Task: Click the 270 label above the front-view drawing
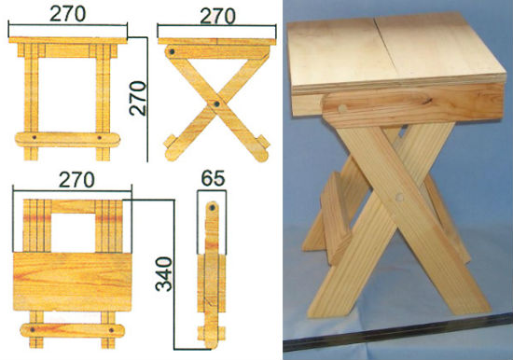[68, 14]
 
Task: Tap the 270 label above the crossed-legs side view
[217, 16]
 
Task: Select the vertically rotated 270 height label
[138, 98]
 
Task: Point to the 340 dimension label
[163, 274]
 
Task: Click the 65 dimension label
[213, 179]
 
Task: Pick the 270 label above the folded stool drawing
[76, 179]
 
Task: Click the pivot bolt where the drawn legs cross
[216, 104]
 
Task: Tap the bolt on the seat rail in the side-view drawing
[172, 51]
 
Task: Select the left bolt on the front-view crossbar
[34, 138]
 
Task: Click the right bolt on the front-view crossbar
[100, 138]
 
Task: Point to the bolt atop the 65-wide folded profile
[212, 207]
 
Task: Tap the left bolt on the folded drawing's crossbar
[33, 329]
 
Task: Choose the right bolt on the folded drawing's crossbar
[111, 330]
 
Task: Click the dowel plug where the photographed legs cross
[399, 197]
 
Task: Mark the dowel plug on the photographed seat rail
[342, 108]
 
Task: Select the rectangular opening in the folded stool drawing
[73, 232]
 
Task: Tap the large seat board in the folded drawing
[73, 282]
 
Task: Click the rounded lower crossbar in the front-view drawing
[68, 139]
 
